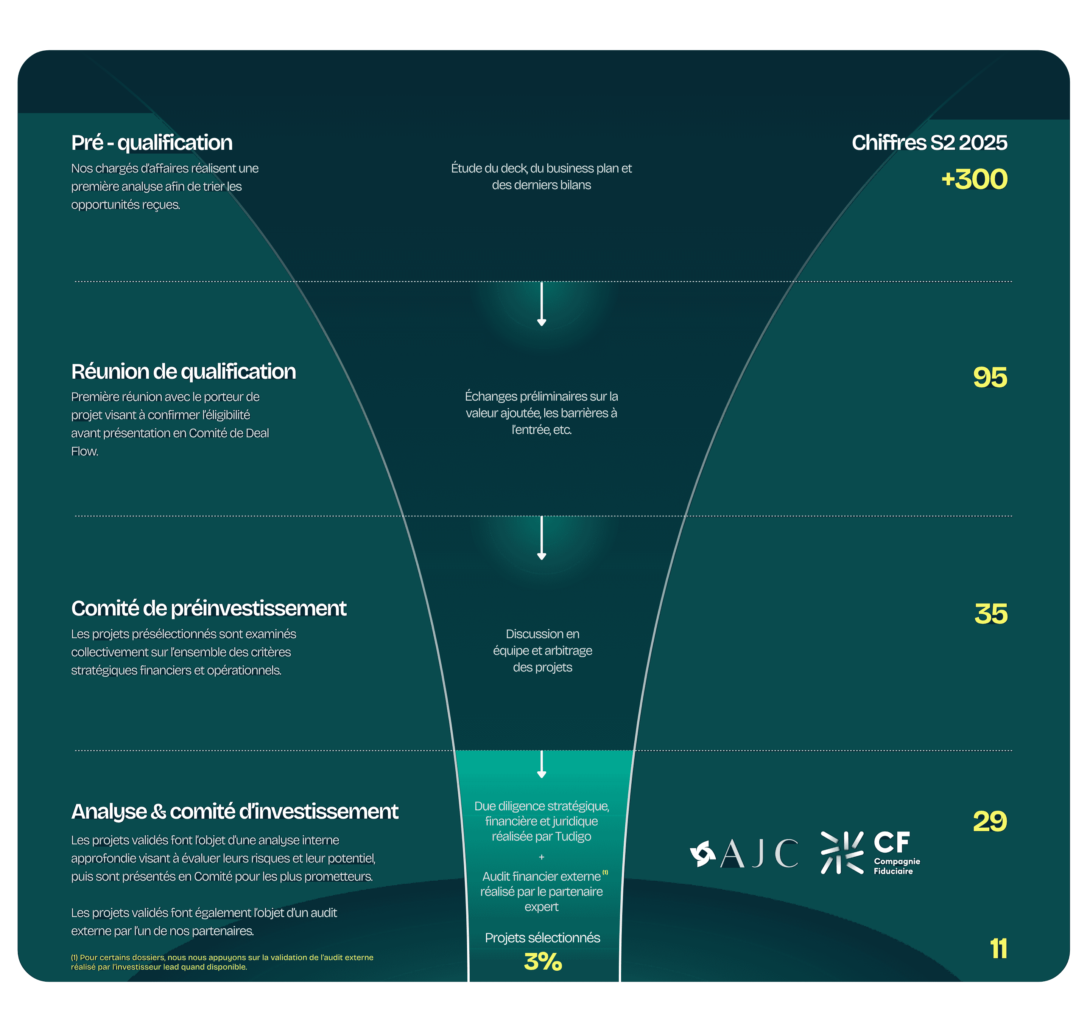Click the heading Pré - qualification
pyautogui.click(x=152, y=143)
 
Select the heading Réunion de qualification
pyautogui.click(x=183, y=372)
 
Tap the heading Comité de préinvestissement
pyautogui.click(x=209, y=609)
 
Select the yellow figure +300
pyautogui.click(x=974, y=179)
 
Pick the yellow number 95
pyautogui.click(x=990, y=378)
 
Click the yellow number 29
pyautogui.click(x=990, y=822)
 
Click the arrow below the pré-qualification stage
pyautogui.click(x=542, y=305)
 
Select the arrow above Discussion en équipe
pyautogui.click(x=542, y=538)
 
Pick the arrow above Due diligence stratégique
pyautogui.click(x=542, y=765)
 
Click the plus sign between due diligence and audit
pyautogui.click(x=542, y=857)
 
